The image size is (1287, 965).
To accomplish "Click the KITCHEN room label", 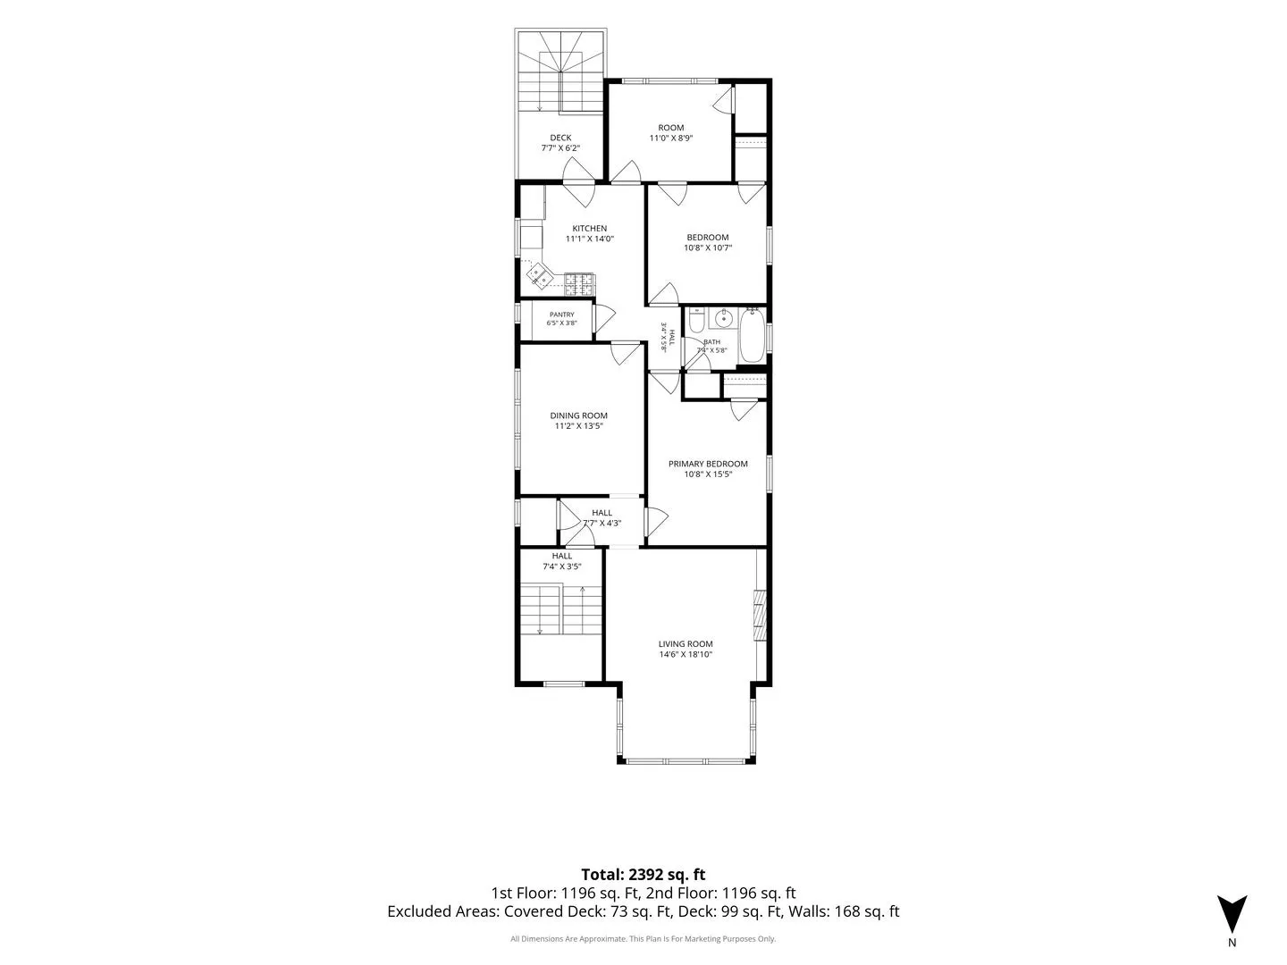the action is coord(589,229).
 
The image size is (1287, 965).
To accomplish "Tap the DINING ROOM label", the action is coord(579,415).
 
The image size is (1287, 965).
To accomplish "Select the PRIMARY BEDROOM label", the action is coord(708,464).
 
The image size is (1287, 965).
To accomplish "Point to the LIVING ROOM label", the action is coord(686,644).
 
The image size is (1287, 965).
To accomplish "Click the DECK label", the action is coord(560,138).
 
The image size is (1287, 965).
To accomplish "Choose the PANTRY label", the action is coord(561,315).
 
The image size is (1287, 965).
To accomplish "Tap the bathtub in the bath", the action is coord(752,336).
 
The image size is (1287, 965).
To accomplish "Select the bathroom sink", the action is coord(725,319).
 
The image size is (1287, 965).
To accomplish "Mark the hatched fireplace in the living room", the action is coord(760,616).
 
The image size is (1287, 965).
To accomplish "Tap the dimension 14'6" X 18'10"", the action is coord(686,654).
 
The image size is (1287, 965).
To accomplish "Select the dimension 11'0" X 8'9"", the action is coord(671,138).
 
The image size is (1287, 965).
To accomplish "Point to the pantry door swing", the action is coord(604,318).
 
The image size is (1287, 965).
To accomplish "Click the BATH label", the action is coord(711,341).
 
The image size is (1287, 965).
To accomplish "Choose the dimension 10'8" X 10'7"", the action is coord(708,248).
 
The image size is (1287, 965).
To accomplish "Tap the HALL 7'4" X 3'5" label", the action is coord(561,561).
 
